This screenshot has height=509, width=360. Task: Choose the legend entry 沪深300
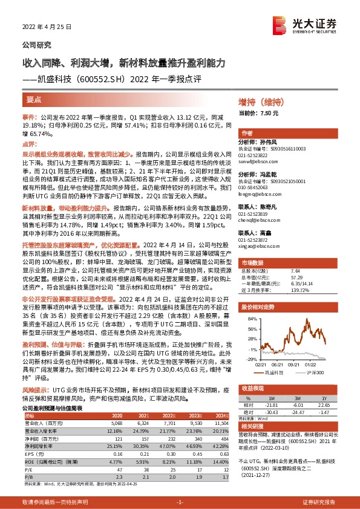pos(315,374)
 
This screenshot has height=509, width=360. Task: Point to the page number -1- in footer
pos(180,502)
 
